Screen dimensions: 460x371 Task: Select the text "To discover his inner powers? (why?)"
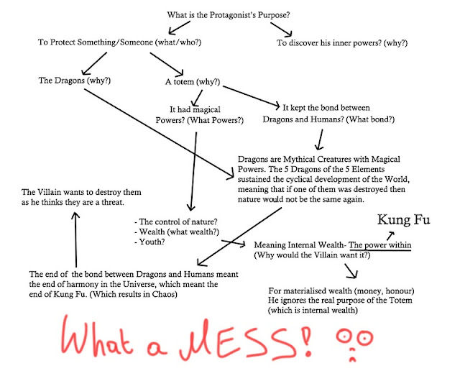(x=342, y=43)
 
